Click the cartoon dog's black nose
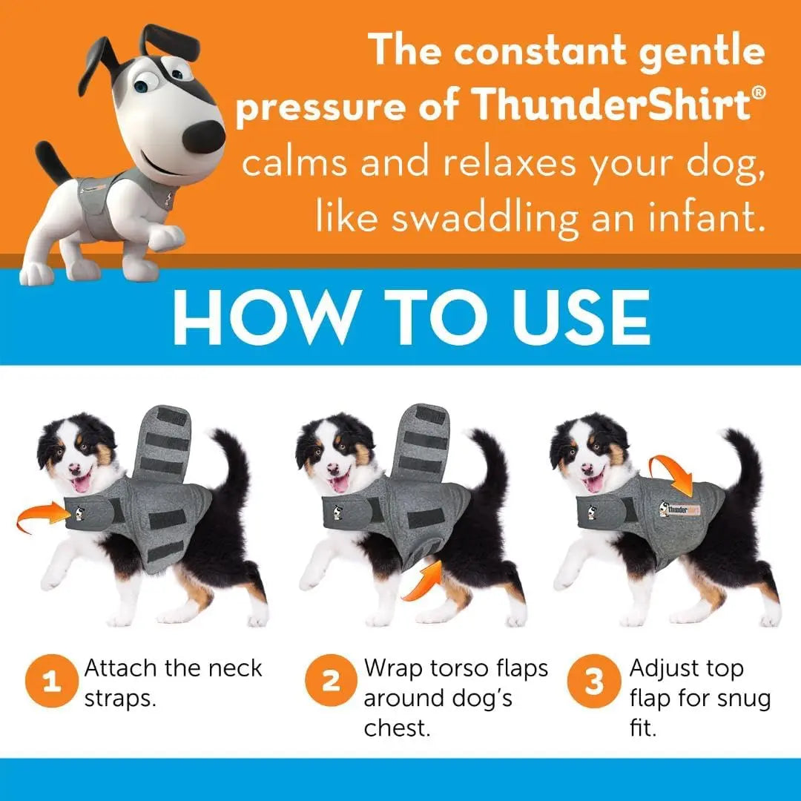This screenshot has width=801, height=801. tap(203, 136)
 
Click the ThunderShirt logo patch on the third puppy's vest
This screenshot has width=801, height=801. tap(679, 510)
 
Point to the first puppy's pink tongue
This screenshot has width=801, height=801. tap(80, 484)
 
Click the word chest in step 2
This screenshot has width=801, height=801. tap(398, 728)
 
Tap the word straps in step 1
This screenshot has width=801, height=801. tap(120, 699)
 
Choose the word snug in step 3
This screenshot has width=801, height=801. tap(725, 699)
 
